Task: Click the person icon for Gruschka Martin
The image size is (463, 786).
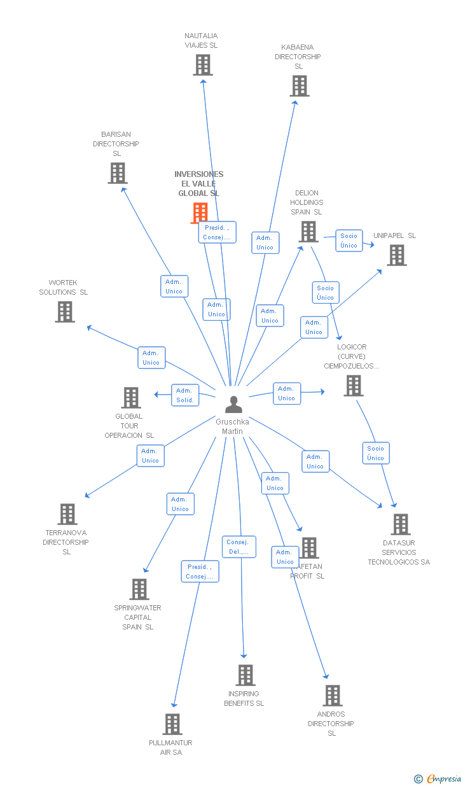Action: pyautogui.click(x=234, y=405)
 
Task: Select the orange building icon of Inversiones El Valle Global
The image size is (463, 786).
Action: pyautogui.click(x=200, y=213)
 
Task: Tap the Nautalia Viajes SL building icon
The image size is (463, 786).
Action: pyautogui.click(x=203, y=65)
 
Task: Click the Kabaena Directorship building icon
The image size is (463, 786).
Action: pyautogui.click(x=299, y=86)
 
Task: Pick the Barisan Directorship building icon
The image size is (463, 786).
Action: pyautogui.click(x=117, y=173)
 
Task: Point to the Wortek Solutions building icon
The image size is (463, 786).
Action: pyautogui.click(x=65, y=312)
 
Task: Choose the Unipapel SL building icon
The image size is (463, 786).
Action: pyautogui.click(x=397, y=255)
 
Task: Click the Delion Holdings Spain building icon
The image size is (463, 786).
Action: pyautogui.click(x=308, y=232)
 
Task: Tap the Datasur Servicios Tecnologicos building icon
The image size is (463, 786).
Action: pyautogui.click(x=400, y=524)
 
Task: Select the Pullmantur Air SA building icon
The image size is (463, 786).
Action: pyautogui.click(x=172, y=724)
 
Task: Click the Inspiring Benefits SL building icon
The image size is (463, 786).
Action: pyautogui.click(x=245, y=675)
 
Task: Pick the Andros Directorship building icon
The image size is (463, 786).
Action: pyautogui.click(x=332, y=696)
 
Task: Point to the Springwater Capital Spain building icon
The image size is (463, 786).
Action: pyautogui.click(x=139, y=589)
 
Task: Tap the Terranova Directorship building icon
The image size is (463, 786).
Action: pyautogui.click(x=67, y=514)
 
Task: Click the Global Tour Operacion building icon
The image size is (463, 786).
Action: pyautogui.click(x=131, y=398)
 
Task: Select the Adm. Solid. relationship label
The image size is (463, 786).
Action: pyautogui.click(x=185, y=395)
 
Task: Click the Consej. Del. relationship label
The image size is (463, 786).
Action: pyautogui.click(x=239, y=547)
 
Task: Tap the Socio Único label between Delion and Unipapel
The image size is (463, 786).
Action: pyautogui.click(x=349, y=241)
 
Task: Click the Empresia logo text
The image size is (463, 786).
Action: pyautogui.click(x=443, y=779)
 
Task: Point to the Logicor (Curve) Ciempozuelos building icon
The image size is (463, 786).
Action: pyautogui.click(x=354, y=386)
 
